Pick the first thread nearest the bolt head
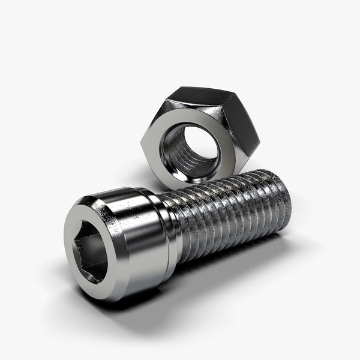[184, 225]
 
